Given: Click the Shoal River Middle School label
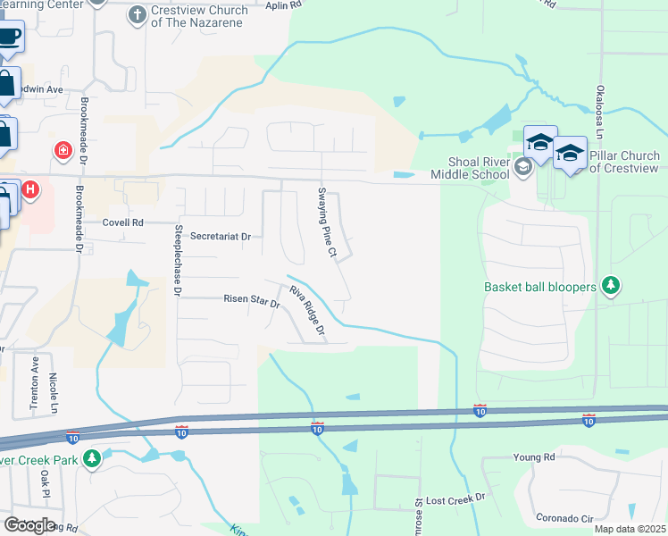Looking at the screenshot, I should click(480, 168).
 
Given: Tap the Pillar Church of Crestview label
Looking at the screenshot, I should click(624, 162).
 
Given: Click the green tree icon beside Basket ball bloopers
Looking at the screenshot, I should click(611, 286).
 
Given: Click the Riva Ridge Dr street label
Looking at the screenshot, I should click(305, 313).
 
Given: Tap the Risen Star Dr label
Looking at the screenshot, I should click(251, 301).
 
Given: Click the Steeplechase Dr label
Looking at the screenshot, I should click(178, 260).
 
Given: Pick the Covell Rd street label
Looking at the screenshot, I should click(122, 222).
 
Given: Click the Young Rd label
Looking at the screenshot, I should click(534, 457).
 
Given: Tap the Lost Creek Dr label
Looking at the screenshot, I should click(455, 497).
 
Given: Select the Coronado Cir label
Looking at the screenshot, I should click(564, 517).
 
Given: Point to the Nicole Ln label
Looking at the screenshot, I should click(54, 393).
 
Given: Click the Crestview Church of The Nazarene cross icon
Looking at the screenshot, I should click(137, 13).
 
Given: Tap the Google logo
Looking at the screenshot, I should click(29, 524).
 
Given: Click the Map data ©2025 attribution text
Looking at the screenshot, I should click(629, 529).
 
